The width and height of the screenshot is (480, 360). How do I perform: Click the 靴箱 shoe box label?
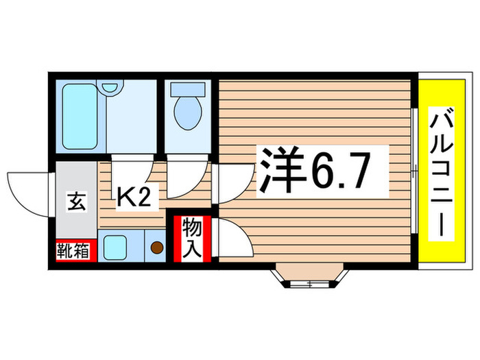tap(72, 251)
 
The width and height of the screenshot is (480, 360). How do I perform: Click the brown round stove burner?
tap(156, 248)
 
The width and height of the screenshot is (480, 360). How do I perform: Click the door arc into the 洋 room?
tap(233, 184)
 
